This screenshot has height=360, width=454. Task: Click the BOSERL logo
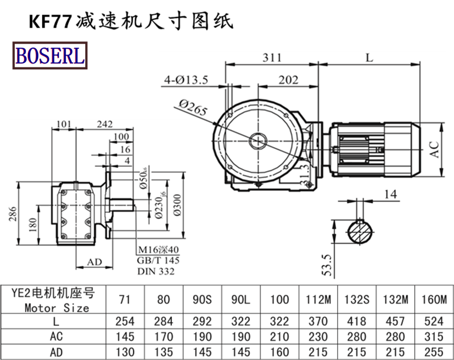tap(50, 56)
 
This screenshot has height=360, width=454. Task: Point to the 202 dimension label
tap(288, 80)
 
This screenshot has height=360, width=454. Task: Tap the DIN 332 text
tap(155, 271)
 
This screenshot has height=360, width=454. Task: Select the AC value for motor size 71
tap(124, 336)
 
